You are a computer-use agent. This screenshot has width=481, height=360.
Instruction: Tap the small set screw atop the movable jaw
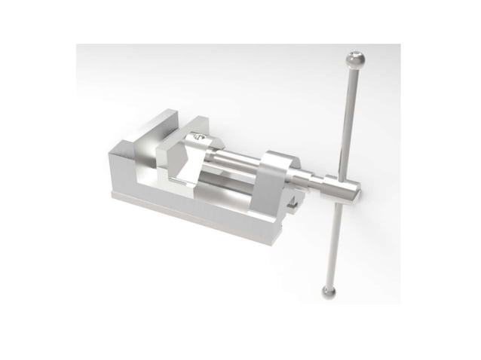(x=198, y=137)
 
